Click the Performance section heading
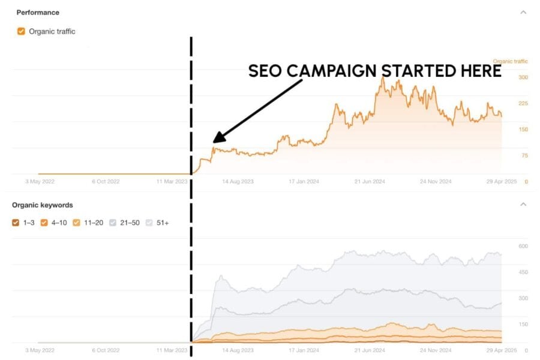tap(37, 12)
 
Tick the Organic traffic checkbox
tap(21, 31)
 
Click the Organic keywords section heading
tap(43, 205)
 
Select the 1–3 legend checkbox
tap(16, 223)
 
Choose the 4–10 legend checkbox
tap(44, 223)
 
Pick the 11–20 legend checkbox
tap(76, 223)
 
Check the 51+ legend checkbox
tap(149, 223)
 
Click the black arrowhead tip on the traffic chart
tap(214, 143)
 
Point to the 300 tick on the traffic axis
tap(523, 77)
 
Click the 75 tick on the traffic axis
tap(524, 155)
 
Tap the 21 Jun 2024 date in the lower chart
tap(369, 349)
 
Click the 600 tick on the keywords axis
tap(523, 246)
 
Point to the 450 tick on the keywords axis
tap(523, 272)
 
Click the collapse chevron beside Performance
tap(523, 12)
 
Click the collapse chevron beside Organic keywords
tap(523, 205)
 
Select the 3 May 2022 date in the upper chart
tap(40, 181)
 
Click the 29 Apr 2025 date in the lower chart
tap(500, 349)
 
